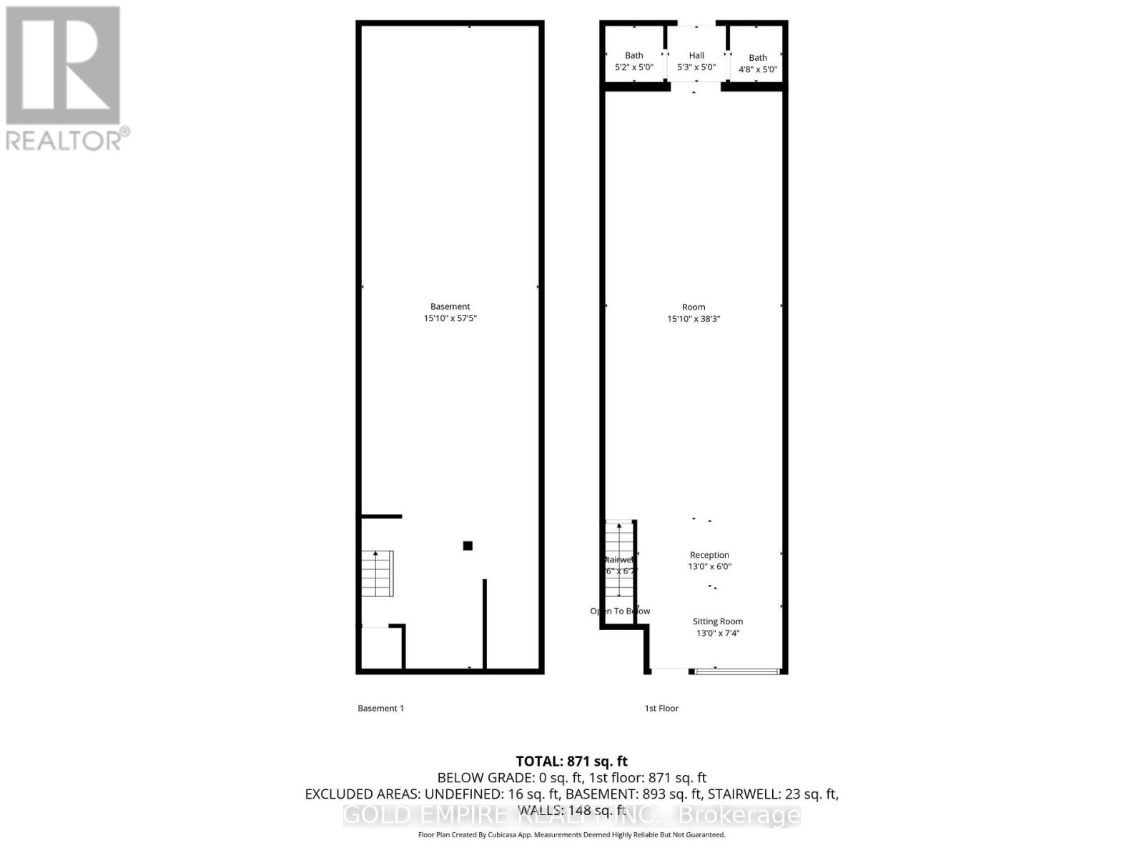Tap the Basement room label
point(450,306)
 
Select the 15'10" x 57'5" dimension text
point(450,318)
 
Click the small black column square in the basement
point(468,546)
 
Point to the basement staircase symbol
point(377,573)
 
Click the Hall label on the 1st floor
point(696,55)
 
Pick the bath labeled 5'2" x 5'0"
point(634,61)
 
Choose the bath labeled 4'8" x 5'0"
point(758,63)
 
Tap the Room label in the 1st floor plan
point(694,307)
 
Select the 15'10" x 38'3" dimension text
point(694,319)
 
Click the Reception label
point(709,555)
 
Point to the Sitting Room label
point(717,621)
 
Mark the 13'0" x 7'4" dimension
point(717,633)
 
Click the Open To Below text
point(620,611)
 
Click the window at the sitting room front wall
point(736,671)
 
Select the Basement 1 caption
point(380,708)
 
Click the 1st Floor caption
point(661,708)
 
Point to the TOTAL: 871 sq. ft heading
point(571,761)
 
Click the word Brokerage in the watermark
point(739,814)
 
